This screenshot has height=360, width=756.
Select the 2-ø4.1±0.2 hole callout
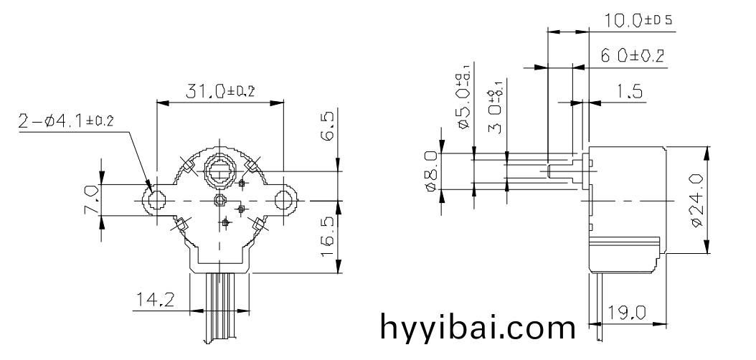[66, 120]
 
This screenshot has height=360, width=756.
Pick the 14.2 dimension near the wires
[155, 300]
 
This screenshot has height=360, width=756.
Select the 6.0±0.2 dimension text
[632, 56]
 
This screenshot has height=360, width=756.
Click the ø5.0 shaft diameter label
[465, 100]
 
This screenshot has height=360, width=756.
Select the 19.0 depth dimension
[627, 313]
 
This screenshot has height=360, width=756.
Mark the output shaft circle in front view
[219, 171]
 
